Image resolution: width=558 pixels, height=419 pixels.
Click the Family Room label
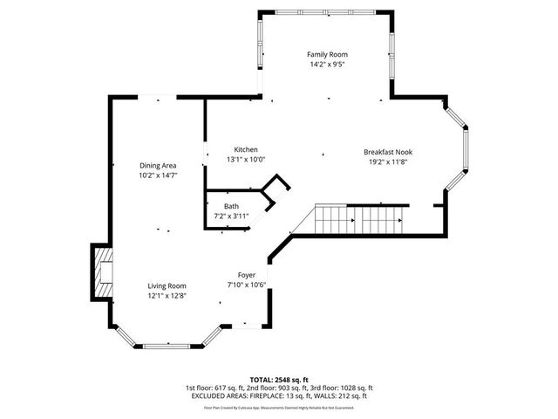[x=327, y=54]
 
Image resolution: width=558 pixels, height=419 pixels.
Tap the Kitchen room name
[x=244, y=149]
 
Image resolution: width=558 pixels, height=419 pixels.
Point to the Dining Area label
[x=158, y=166]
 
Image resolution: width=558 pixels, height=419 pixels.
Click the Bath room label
[x=231, y=207]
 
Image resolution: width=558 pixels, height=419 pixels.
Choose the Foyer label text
[x=247, y=275]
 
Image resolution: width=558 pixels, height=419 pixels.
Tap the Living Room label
[x=166, y=285]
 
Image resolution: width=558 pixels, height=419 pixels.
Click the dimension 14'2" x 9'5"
[x=327, y=65]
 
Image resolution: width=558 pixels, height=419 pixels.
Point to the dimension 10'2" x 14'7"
[x=158, y=175]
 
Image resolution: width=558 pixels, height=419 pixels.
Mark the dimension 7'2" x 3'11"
[x=231, y=216]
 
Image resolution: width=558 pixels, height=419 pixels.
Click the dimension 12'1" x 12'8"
[x=166, y=295]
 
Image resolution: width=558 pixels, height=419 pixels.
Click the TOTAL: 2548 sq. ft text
[x=279, y=380]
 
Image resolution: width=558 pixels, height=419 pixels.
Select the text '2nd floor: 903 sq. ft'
[x=281, y=388]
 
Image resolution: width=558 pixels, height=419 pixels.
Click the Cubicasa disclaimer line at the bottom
[x=279, y=407]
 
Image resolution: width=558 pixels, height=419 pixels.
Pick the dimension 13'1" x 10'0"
[x=245, y=160]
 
